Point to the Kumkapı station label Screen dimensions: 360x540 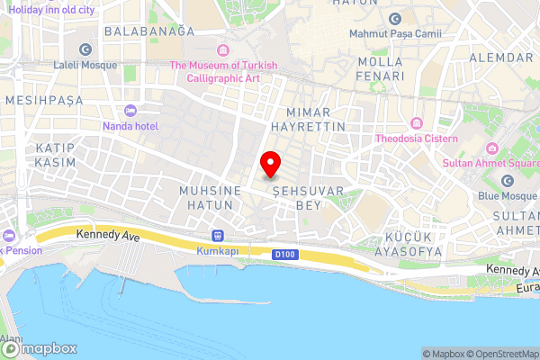click(x=217, y=251)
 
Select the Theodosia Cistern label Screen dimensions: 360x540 click(x=417, y=139)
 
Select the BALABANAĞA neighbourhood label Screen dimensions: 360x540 click(x=149, y=31)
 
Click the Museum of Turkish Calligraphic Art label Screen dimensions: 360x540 click(x=222, y=71)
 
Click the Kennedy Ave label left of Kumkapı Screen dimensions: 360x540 click(x=109, y=234)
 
